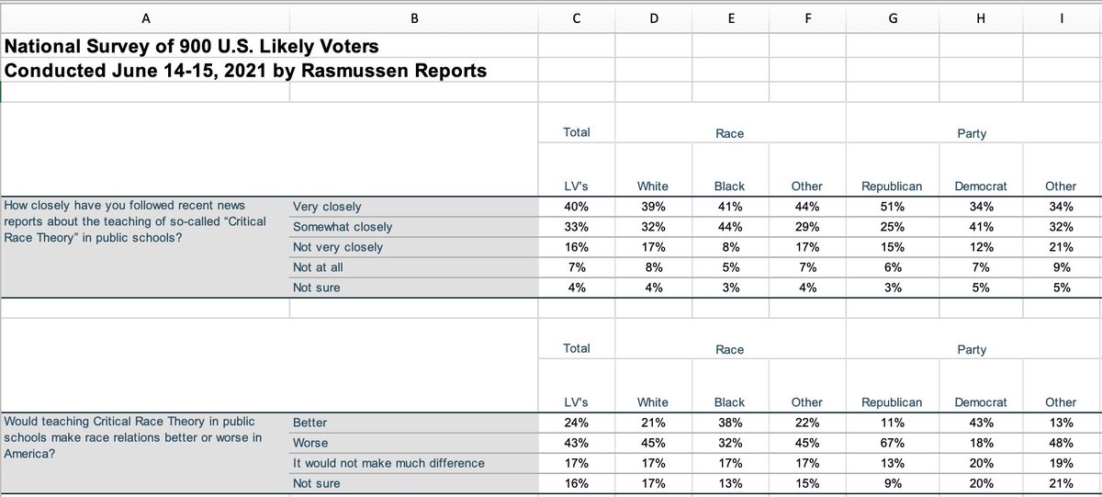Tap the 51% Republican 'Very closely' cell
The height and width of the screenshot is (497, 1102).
(885, 207)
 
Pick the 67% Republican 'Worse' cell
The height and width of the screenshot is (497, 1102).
(885, 443)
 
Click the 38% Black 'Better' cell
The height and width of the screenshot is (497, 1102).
(729, 423)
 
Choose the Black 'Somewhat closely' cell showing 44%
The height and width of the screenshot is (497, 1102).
(729, 227)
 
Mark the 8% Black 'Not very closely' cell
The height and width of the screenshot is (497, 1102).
(729, 247)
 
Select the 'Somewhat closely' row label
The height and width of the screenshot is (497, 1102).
(342, 227)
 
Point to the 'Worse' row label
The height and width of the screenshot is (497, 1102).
(309, 443)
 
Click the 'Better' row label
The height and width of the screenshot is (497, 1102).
(309, 423)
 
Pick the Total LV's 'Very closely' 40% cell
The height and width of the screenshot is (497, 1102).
(576, 207)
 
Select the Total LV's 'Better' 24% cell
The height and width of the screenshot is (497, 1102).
(576, 423)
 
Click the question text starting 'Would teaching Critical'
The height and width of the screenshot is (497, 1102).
(134, 435)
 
